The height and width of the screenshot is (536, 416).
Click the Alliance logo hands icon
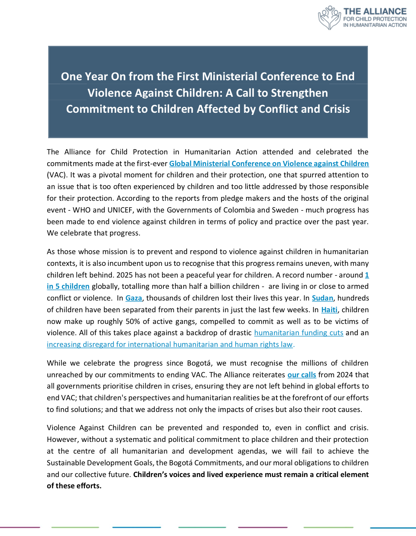click(329, 18)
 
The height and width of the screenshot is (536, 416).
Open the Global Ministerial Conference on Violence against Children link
click(269, 163)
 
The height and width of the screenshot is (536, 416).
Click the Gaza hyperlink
click(133, 298)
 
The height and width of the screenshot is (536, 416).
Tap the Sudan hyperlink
click(322, 298)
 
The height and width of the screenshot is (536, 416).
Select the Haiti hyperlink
click(329, 310)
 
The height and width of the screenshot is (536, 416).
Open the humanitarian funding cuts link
click(299, 333)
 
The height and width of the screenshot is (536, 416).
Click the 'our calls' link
click(302, 375)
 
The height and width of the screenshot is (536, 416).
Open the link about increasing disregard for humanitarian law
click(170, 344)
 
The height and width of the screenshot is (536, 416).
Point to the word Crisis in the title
click(333, 109)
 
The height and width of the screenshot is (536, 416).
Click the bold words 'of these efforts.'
click(74, 486)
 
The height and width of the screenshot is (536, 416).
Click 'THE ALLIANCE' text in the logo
click(375, 11)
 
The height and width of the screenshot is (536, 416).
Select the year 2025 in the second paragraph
click(125, 275)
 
